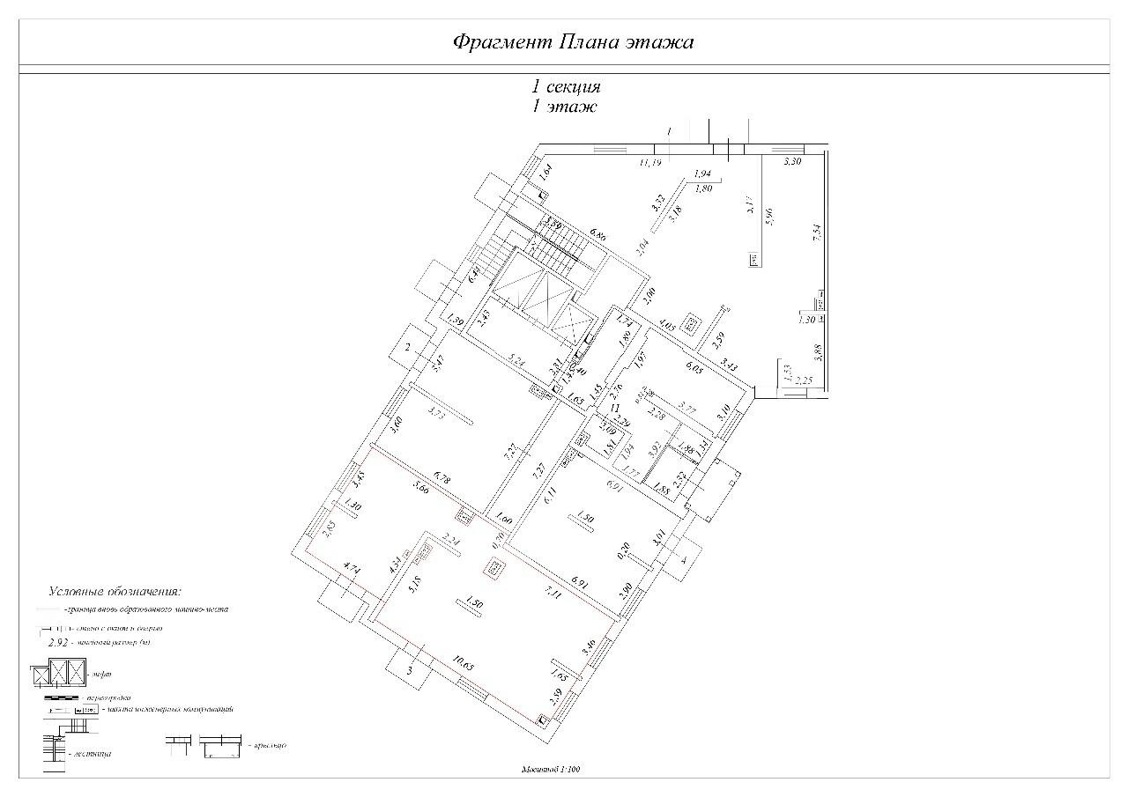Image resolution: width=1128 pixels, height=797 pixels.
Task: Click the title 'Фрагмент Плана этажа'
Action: (x=573, y=42)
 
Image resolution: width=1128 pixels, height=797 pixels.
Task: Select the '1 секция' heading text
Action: (x=565, y=87)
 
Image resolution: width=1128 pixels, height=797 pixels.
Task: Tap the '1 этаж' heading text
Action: (x=564, y=107)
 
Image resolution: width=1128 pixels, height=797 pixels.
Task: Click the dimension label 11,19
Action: (x=650, y=163)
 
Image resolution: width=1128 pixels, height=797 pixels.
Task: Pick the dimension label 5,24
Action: (x=516, y=360)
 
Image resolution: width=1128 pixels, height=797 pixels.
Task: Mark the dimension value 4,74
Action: (x=352, y=569)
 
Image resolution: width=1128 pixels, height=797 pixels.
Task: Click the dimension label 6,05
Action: (x=694, y=371)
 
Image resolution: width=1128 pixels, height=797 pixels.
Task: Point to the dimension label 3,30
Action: (x=793, y=163)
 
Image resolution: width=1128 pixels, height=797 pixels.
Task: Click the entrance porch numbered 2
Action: (x=407, y=349)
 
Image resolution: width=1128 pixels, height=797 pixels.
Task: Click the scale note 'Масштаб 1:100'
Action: (x=551, y=770)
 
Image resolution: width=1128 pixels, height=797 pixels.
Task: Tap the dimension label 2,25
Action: (x=803, y=380)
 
